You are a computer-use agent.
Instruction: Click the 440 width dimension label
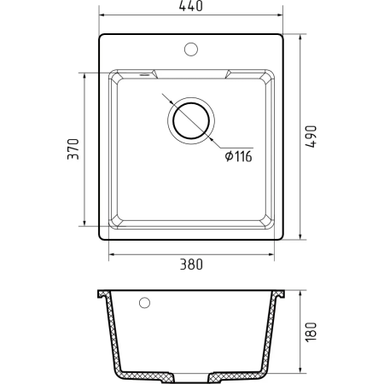[x=191, y=6]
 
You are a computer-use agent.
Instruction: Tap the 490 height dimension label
[x=311, y=137]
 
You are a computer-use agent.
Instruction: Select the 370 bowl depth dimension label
[x=73, y=149]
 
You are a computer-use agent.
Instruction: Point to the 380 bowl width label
[x=191, y=265]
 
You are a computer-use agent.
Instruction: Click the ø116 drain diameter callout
[x=238, y=156]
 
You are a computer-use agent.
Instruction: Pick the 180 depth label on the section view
[x=311, y=332]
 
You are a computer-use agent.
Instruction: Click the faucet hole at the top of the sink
[x=191, y=49]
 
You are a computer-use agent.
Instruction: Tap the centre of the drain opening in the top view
[x=191, y=120]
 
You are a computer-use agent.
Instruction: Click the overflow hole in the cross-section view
[x=144, y=303]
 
